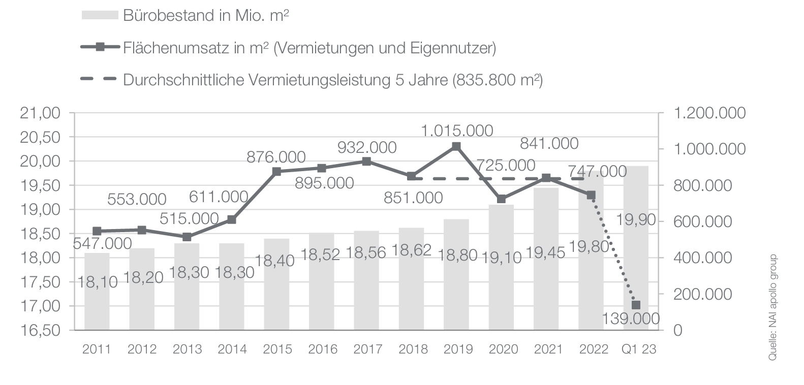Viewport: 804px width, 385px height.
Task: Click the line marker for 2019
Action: [456, 146]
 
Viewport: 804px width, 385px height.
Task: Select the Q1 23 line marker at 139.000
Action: [636, 305]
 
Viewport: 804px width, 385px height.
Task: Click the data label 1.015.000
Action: [457, 131]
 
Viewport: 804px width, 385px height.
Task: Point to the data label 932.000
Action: [367, 147]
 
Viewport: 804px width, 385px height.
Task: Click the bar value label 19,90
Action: [636, 220]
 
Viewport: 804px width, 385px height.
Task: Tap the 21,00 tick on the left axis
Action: [40, 113]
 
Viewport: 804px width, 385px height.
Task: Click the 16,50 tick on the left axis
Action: [40, 330]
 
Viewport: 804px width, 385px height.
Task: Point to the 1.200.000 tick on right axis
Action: [709, 113]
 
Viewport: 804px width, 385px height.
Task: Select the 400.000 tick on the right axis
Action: [709, 258]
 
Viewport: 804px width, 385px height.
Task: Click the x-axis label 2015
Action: [277, 349]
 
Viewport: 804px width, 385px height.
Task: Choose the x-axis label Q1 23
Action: [639, 349]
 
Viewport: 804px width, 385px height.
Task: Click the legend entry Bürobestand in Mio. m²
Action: [206, 15]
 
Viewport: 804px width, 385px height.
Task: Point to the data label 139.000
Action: [631, 319]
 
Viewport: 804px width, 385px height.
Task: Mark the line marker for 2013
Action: [187, 237]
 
